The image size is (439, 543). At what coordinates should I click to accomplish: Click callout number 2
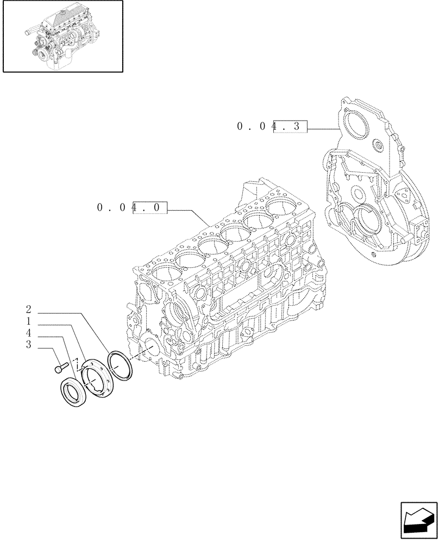(x=28, y=311)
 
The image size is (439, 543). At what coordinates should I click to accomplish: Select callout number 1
(x=28, y=322)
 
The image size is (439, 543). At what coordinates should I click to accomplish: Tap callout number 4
(x=28, y=333)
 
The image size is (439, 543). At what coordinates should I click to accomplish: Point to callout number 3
(x=28, y=345)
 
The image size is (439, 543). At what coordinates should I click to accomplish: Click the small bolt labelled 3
(x=60, y=368)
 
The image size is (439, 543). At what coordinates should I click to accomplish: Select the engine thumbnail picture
(x=62, y=36)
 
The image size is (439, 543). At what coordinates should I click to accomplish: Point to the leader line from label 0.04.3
(x=323, y=129)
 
